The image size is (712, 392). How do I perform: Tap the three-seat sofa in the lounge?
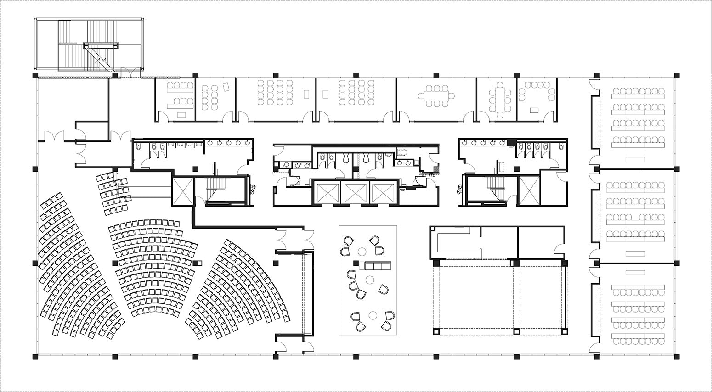click(x=376, y=266)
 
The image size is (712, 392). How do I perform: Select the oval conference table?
click(x=436, y=96)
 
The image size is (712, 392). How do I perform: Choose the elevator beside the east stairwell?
click(x=529, y=190)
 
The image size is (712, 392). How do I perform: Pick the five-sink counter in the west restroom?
click(x=229, y=143)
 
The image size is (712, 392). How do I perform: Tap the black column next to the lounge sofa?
click(x=356, y=263)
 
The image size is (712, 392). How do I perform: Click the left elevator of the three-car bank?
click(x=326, y=192)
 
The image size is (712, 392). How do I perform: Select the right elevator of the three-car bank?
click(x=383, y=192)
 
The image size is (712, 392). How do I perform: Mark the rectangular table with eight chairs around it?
click(x=500, y=98)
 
